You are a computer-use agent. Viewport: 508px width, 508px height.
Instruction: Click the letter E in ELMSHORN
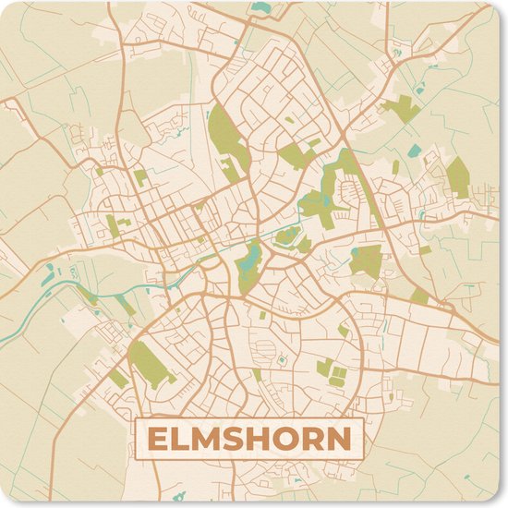[159, 440]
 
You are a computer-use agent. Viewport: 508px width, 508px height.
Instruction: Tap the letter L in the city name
[183, 440]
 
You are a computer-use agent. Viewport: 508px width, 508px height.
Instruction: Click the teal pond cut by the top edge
[262, 7]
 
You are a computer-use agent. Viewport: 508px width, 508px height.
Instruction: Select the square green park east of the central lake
[367, 260]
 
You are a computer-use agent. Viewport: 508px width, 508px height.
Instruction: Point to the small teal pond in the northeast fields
[413, 150]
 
